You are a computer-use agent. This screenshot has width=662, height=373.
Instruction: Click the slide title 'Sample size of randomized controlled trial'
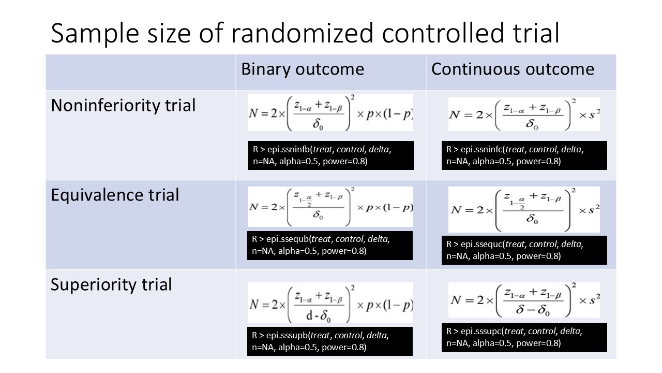305,33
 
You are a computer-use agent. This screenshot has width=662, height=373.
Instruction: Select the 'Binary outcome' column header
303,69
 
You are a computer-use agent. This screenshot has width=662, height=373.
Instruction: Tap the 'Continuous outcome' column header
513,69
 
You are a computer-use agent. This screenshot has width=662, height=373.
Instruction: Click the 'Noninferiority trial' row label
123,106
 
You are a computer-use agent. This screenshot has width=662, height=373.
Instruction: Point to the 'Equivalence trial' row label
115,195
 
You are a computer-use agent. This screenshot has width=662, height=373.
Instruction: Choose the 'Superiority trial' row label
111,284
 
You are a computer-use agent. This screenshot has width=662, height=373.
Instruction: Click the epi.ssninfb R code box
330,155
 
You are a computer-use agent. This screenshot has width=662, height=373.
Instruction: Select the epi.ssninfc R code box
523,155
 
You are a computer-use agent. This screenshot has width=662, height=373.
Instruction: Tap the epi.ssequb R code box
330,246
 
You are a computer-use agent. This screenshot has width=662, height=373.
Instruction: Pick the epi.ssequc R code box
523,250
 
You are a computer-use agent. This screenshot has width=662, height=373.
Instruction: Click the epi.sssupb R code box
330,341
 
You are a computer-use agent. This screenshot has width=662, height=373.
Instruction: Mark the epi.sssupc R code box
523,337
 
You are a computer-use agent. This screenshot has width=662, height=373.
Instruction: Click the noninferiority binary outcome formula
330,113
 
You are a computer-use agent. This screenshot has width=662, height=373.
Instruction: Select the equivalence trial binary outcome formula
330,207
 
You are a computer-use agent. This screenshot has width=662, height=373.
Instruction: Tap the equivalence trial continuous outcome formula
523,209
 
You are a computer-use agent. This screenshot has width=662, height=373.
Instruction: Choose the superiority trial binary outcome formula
330,303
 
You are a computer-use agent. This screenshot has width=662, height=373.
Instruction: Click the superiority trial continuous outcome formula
523,300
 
